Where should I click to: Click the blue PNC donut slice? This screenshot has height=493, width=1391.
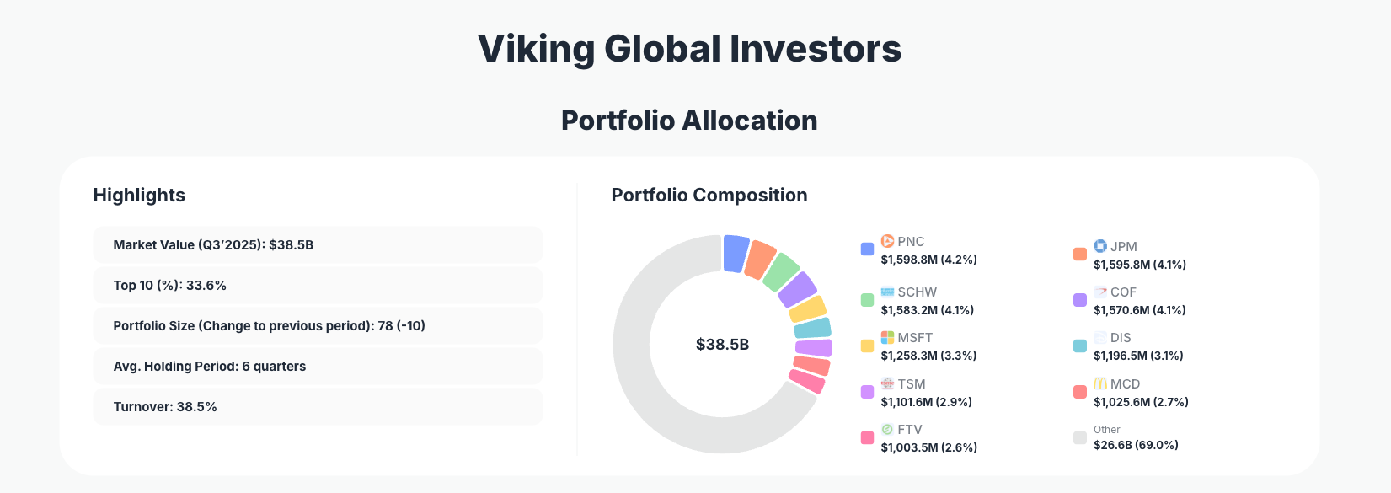(x=736, y=253)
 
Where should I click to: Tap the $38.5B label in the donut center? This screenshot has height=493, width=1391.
(x=722, y=345)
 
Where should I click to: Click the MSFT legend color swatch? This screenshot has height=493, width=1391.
(x=867, y=346)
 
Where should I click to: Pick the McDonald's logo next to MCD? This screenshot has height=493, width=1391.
(x=1100, y=383)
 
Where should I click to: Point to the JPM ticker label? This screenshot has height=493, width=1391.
(x=1124, y=247)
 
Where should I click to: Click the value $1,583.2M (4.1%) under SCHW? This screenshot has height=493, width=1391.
(x=927, y=310)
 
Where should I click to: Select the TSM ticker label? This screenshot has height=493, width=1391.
(x=912, y=384)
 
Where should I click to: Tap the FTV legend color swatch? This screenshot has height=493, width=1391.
(x=867, y=437)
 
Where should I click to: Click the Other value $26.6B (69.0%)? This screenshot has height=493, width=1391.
(x=1136, y=445)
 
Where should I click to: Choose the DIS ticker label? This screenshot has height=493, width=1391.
(x=1121, y=338)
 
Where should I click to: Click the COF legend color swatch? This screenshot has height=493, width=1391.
(x=1080, y=300)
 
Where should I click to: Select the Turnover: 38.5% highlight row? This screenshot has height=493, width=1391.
(x=317, y=407)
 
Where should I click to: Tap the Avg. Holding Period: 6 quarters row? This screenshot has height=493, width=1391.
(x=317, y=367)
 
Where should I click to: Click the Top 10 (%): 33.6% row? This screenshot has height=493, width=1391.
(x=317, y=286)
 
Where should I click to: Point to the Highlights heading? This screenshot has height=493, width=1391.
(x=139, y=196)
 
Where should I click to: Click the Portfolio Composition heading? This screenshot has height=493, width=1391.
(x=709, y=196)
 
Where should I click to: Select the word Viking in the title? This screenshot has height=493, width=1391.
(x=536, y=49)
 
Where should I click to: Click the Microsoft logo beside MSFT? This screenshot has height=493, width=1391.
(x=887, y=338)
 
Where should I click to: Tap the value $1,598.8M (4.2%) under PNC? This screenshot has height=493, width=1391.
(x=928, y=260)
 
